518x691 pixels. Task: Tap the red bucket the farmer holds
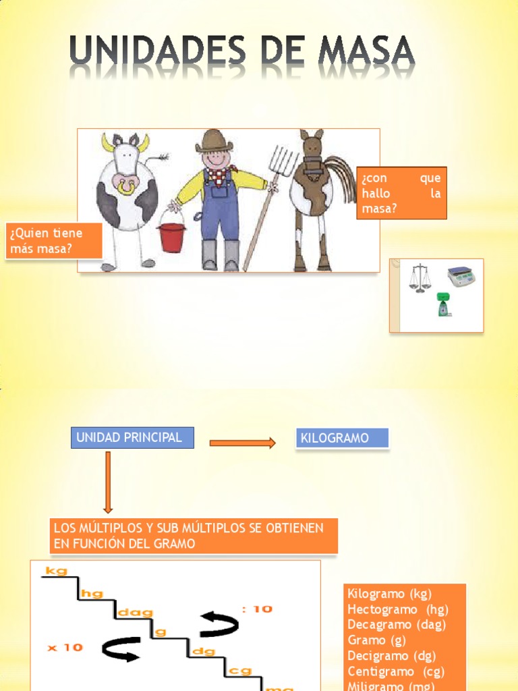tap(171, 237)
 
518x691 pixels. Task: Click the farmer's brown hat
tap(214, 141)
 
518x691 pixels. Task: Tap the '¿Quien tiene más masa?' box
tap(54, 241)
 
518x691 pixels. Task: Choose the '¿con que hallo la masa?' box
tap(401, 193)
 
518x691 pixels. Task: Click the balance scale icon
tap(419, 277)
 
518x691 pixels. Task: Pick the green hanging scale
tap(442, 304)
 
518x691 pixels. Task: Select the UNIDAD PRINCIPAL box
tap(132, 437)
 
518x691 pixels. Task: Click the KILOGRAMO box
tap(343, 438)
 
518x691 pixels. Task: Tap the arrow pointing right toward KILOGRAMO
tap(242, 443)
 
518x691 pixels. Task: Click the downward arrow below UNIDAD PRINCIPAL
tap(108, 482)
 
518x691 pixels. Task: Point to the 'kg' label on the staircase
tap(57, 572)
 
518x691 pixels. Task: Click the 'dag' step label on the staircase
tap(135, 613)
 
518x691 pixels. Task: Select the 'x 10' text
tap(65, 647)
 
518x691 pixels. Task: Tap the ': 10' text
tap(257, 609)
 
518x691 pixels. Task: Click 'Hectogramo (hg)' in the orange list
tap(397, 609)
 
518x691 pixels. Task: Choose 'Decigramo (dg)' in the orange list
tap(391, 655)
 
